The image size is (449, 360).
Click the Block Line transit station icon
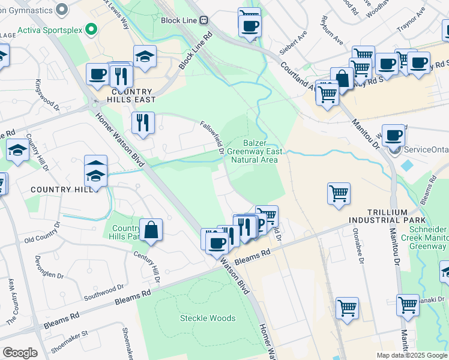tap(204, 20)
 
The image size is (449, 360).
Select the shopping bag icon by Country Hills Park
tap(151, 230)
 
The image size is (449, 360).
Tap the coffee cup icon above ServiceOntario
tap(393, 134)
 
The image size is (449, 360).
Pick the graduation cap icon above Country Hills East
tap(145, 56)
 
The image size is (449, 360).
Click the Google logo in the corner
tap(20, 353)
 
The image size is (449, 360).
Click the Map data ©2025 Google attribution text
tap(412, 355)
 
